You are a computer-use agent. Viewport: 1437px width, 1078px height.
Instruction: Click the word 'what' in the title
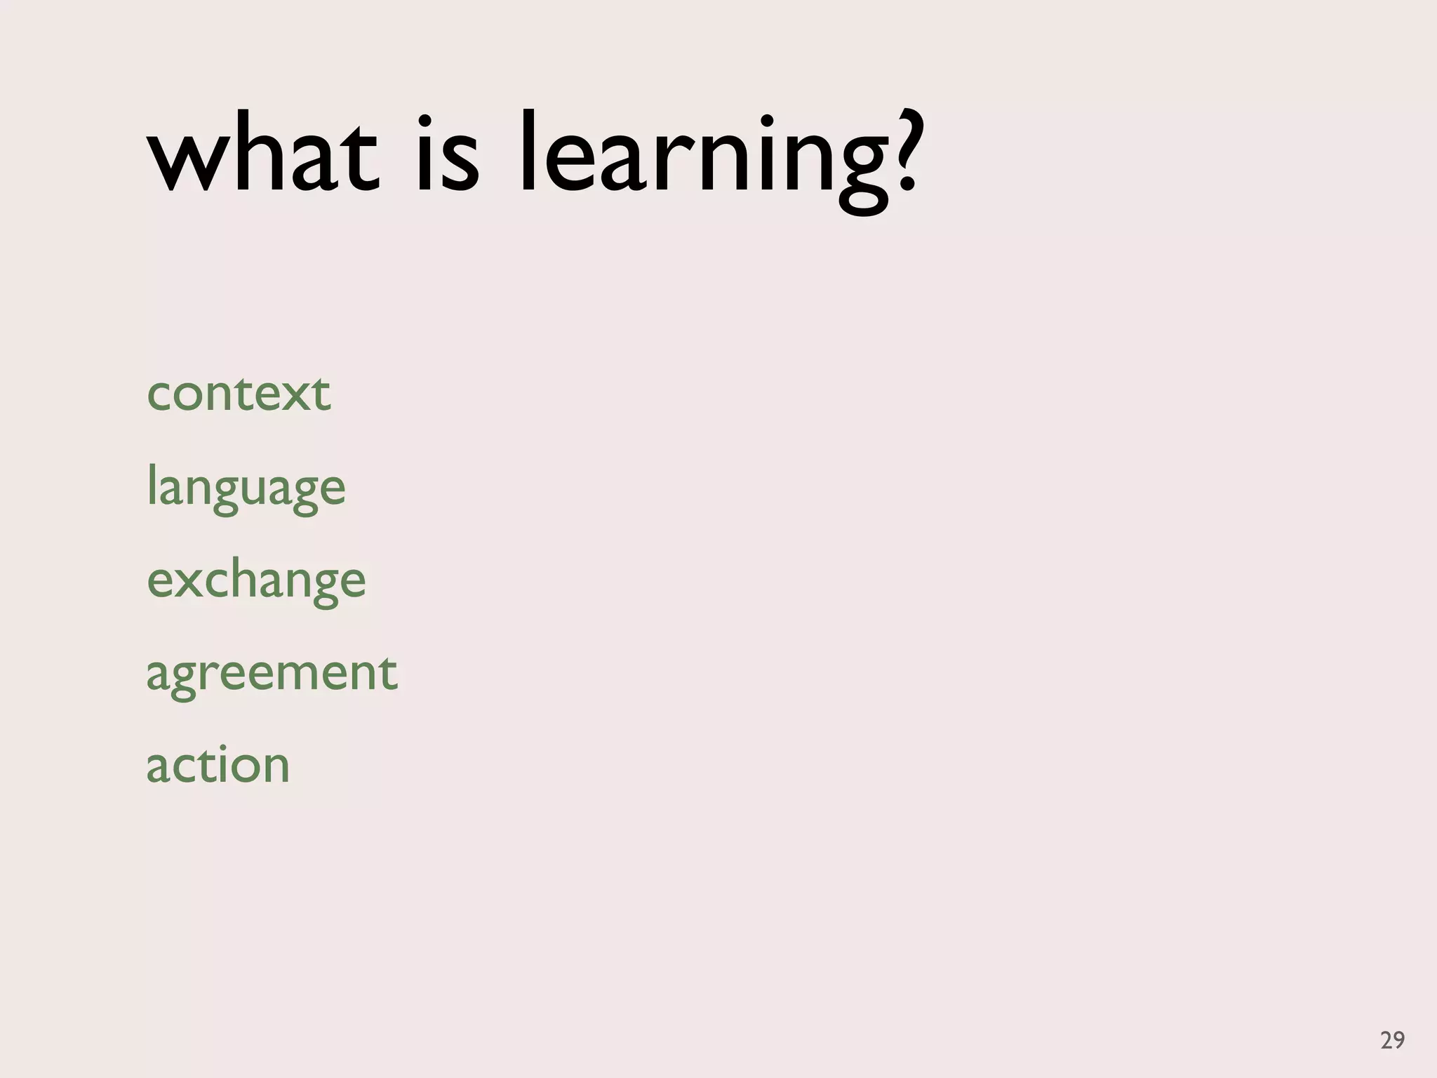click(263, 154)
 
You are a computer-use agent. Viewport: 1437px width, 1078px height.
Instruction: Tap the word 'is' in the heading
click(448, 154)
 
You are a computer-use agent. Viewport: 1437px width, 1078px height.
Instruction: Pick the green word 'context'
click(239, 394)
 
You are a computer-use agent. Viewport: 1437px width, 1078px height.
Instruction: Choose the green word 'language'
click(246, 489)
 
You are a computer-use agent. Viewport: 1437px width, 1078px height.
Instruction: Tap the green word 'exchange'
click(256, 582)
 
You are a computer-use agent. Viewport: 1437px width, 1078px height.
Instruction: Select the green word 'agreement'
click(272, 674)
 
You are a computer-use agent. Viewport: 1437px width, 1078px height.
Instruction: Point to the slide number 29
click(1392, 1039)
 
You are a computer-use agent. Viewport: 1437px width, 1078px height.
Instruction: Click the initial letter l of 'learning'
click(528, 151)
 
